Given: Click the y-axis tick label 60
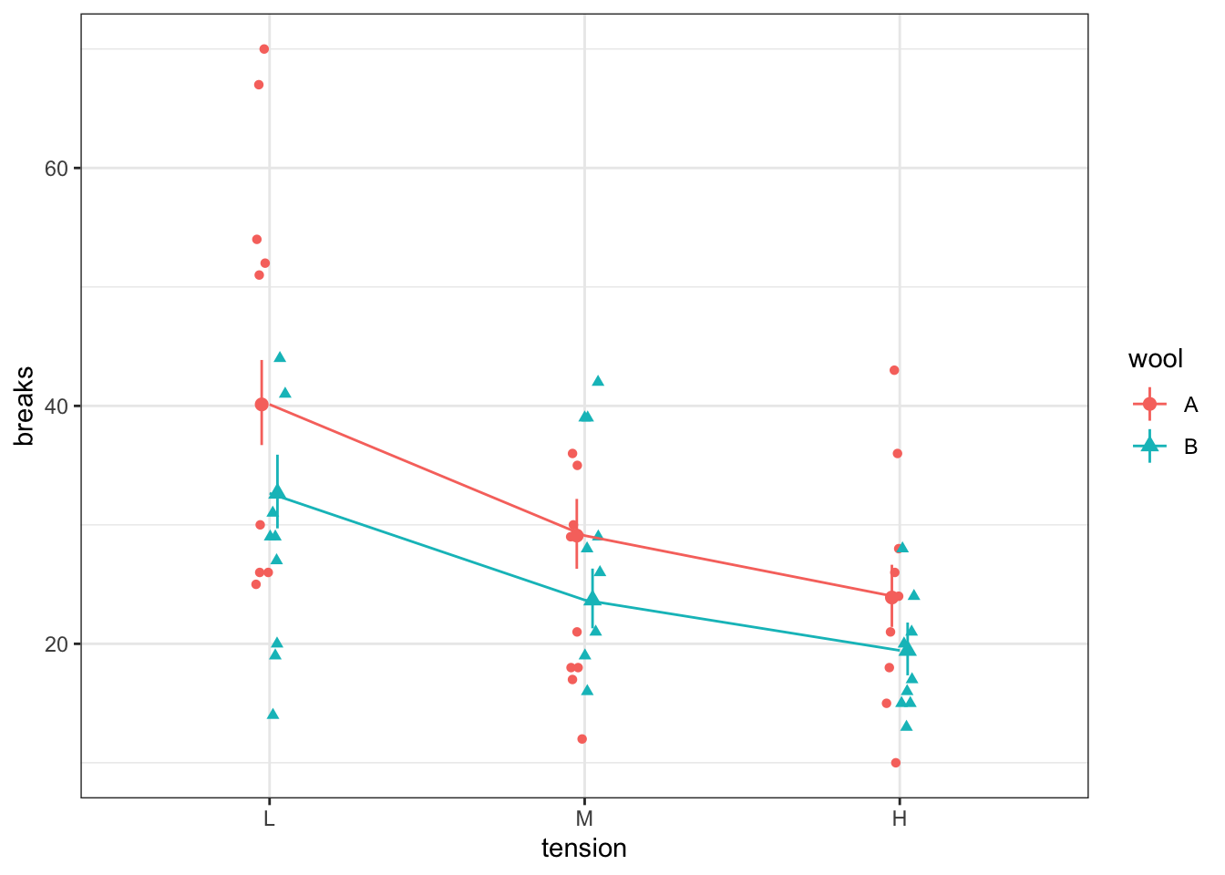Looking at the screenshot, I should [57, 169].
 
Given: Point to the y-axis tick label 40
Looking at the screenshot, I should [57, 406].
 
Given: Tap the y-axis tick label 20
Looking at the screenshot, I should [57, 643].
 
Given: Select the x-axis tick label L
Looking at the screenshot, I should [269, 818].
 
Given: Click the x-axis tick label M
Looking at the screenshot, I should [584, 818].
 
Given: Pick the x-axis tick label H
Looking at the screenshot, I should [900, 818].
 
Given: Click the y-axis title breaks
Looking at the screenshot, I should [25, 406].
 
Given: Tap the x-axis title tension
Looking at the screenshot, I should [584, 849].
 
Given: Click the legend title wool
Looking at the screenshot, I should [1156, 359].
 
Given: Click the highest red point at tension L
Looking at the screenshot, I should [264, 49].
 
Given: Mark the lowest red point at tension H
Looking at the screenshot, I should [896, 763].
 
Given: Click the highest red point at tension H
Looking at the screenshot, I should [894, 370].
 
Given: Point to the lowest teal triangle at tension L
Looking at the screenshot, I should [273, 714].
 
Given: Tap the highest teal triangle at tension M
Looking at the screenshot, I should [598, 381].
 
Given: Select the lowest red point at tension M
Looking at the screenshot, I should [582, 739].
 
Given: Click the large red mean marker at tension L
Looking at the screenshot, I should [262, 404].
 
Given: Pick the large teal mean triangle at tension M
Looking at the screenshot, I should [592, 599].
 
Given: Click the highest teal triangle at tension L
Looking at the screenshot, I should [280, 357].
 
